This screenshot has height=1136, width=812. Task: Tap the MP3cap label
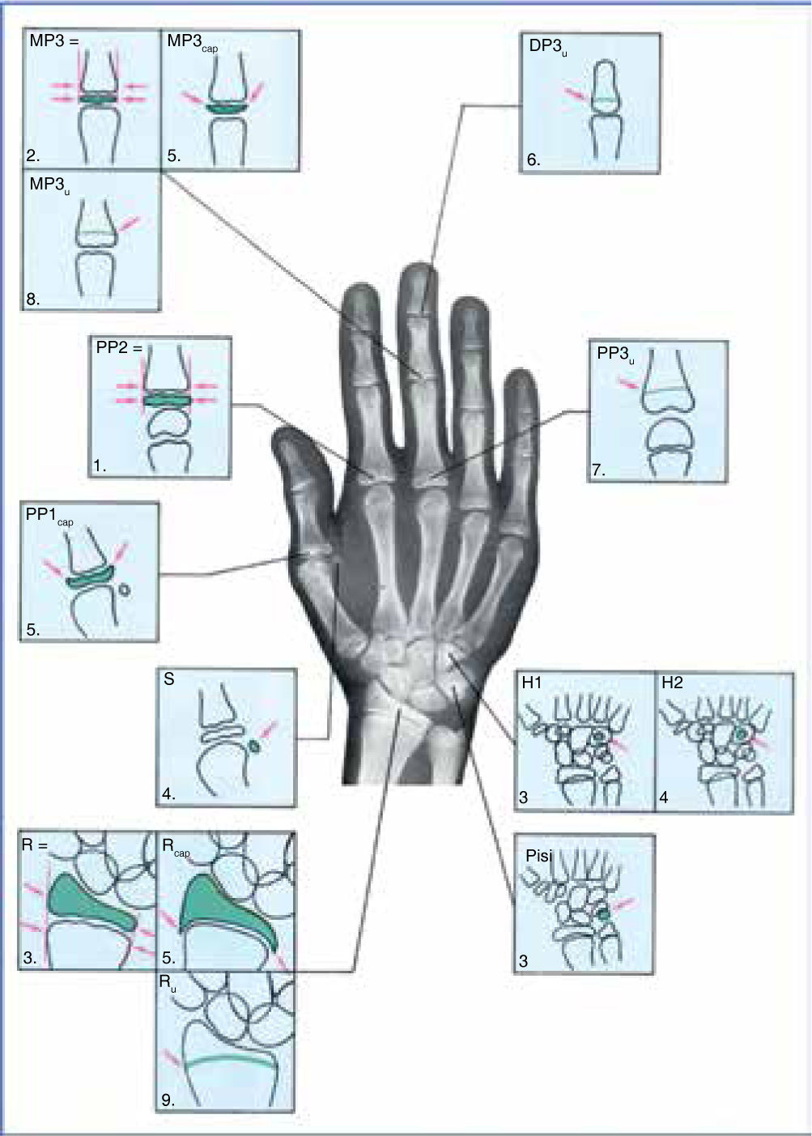click(x=191, y=42)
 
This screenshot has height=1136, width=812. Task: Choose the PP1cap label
click(x=49, y=517)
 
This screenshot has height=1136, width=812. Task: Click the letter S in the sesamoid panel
click(x=169, y=679)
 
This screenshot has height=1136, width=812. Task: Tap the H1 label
click(x=532, y=683)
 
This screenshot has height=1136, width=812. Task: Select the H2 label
click(x=672, y=683)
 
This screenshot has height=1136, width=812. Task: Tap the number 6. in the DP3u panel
click(x=534, y=160)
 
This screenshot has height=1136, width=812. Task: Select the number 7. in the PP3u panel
click(x=599, y=470)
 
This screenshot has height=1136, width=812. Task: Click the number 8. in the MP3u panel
click(x=33, y=299)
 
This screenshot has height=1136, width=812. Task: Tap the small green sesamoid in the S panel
click(x=255, y=746)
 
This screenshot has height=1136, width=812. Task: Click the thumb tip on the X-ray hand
click(x=287, y=438)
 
